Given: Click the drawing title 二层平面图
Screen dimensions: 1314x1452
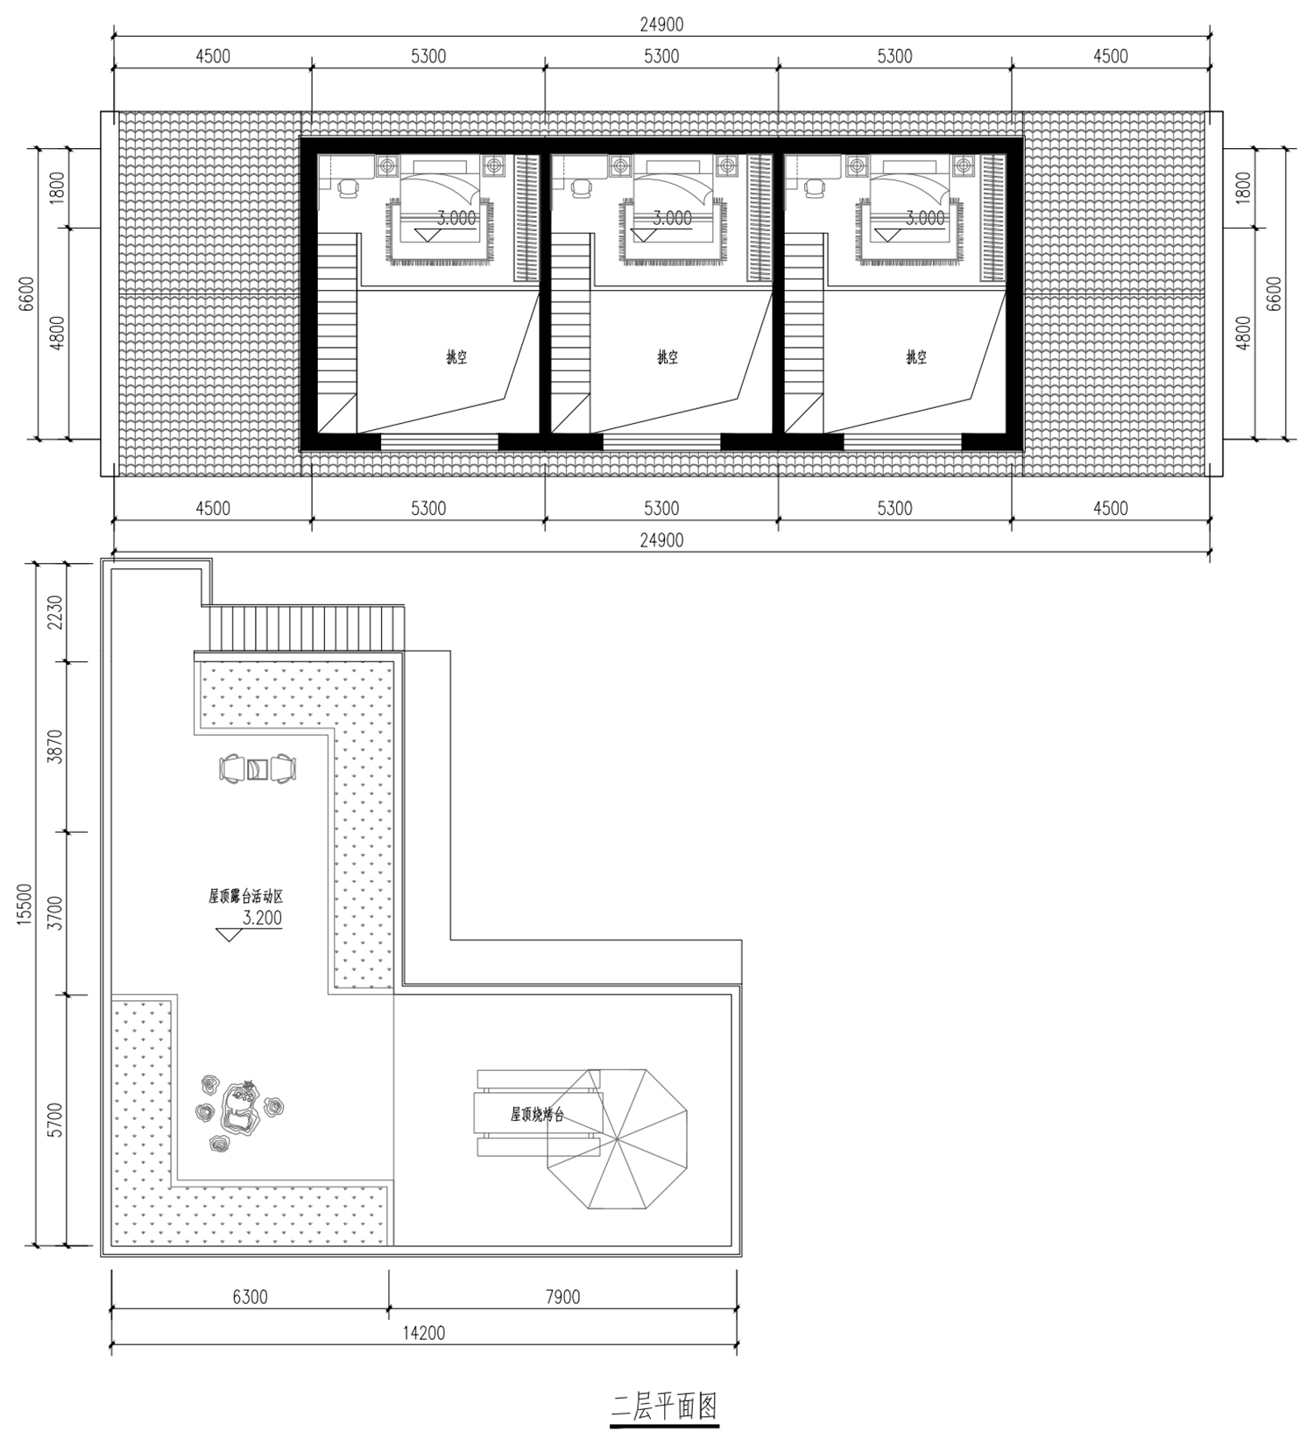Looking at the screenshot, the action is (664, 1406).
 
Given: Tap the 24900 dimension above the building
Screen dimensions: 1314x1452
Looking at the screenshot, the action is (661, 25).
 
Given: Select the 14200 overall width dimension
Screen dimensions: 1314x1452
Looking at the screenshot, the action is (424, 1333).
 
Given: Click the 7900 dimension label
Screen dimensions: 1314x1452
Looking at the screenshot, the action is (562, 1297).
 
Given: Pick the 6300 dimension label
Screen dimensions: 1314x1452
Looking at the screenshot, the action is (250, 1297).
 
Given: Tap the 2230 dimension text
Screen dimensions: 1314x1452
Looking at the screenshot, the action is (55, 612).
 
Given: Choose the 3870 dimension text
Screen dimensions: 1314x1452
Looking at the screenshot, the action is (55, 747).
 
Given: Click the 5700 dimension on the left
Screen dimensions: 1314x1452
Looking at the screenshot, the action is (55, 1120).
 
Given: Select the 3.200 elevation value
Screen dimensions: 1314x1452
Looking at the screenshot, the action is (262, 918).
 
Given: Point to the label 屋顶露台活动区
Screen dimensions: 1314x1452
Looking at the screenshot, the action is (245, 897).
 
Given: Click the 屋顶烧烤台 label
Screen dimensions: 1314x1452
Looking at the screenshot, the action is (537, 1115).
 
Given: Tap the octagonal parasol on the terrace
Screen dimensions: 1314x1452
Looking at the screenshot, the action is (617, 1138).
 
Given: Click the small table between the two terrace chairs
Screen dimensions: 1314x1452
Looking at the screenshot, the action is (258, 769).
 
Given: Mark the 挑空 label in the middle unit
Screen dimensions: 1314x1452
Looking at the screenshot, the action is (668, 357).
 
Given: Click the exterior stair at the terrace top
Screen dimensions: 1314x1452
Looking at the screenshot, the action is (307, 628).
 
